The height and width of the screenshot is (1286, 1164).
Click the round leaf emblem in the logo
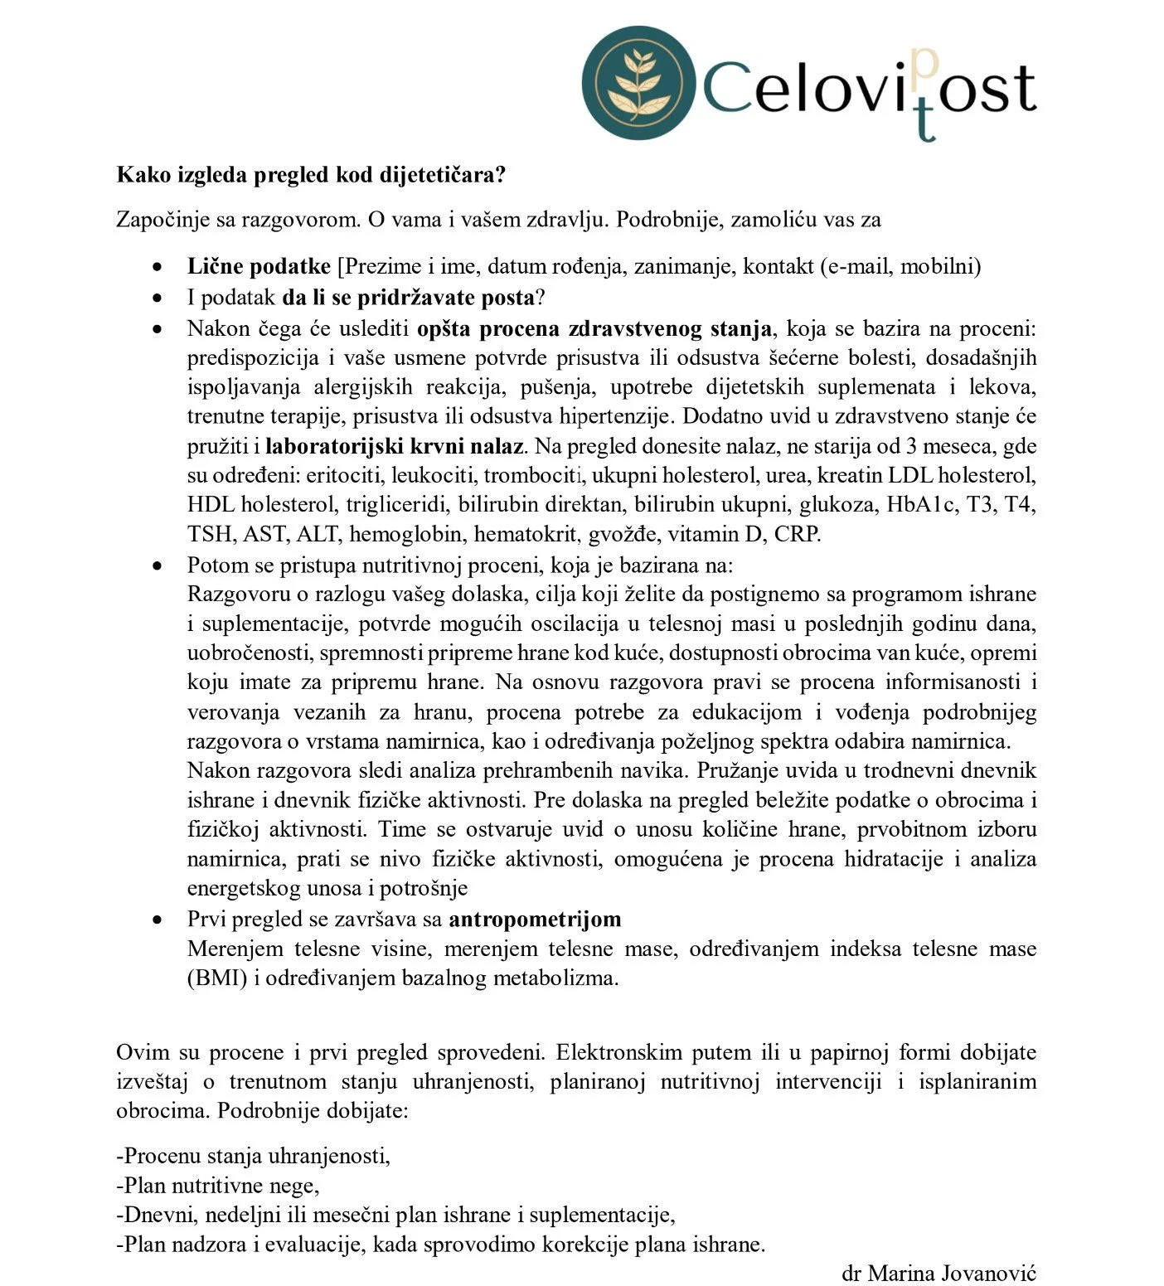coord(638,82)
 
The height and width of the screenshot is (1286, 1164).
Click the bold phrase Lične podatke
coord(259,266)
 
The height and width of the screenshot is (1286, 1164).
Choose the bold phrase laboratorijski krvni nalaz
coord(395,446)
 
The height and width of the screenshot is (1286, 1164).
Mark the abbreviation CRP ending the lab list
coord(796,534)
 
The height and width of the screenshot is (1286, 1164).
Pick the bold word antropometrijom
coord(535,919)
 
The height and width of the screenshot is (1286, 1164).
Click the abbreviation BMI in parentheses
coord(217,978)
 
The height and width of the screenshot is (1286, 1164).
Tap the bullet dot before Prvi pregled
coord(157,920)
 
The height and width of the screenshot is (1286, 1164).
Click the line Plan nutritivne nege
coord(217,1186)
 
